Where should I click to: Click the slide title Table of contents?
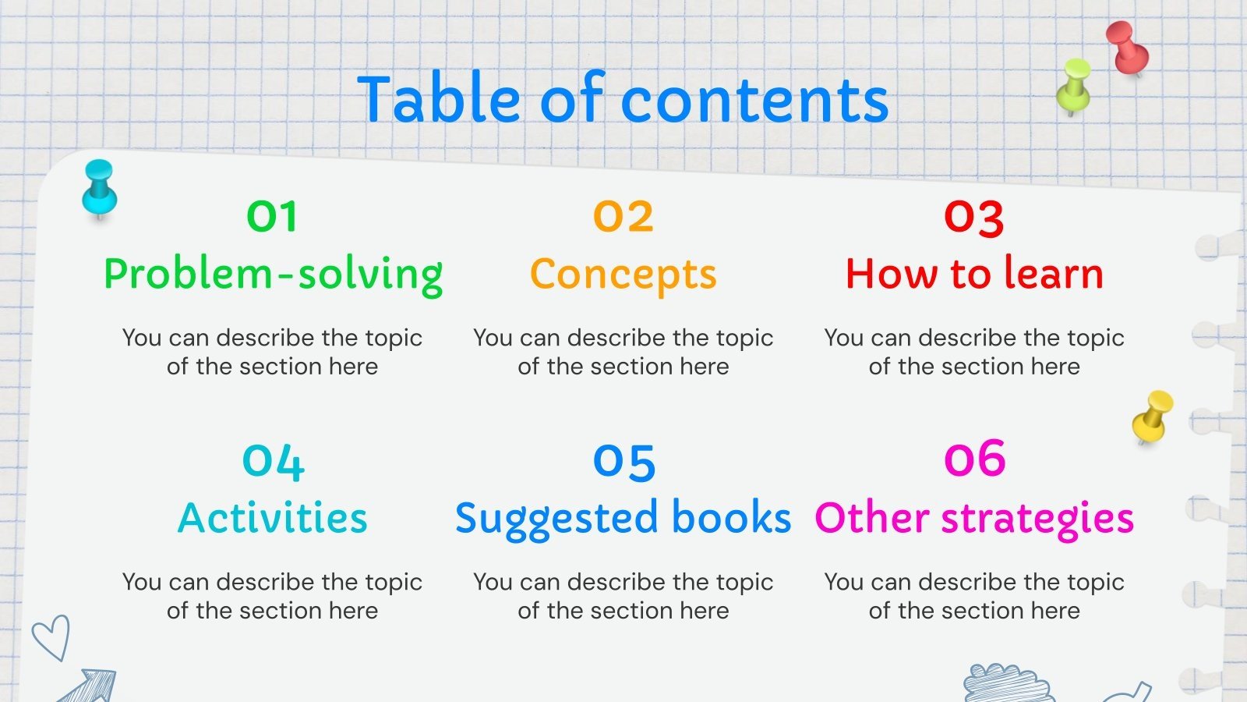coord(623,99)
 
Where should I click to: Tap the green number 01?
coord(272,217)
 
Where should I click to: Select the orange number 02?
coord(623,217)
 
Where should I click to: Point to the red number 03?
coord(973,218)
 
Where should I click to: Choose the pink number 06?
coord(974,459)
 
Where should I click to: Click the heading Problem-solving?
coord(273,275)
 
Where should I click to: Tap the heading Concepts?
coord(623,275)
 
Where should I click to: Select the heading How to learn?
coord(974,274)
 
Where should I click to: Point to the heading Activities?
coord(273,518)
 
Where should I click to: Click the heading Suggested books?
coord(623,519)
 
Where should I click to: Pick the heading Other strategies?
coord(974,519)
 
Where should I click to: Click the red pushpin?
coord(1127,47)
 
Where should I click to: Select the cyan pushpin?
coord(100,188)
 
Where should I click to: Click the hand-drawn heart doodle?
coord(51,636)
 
